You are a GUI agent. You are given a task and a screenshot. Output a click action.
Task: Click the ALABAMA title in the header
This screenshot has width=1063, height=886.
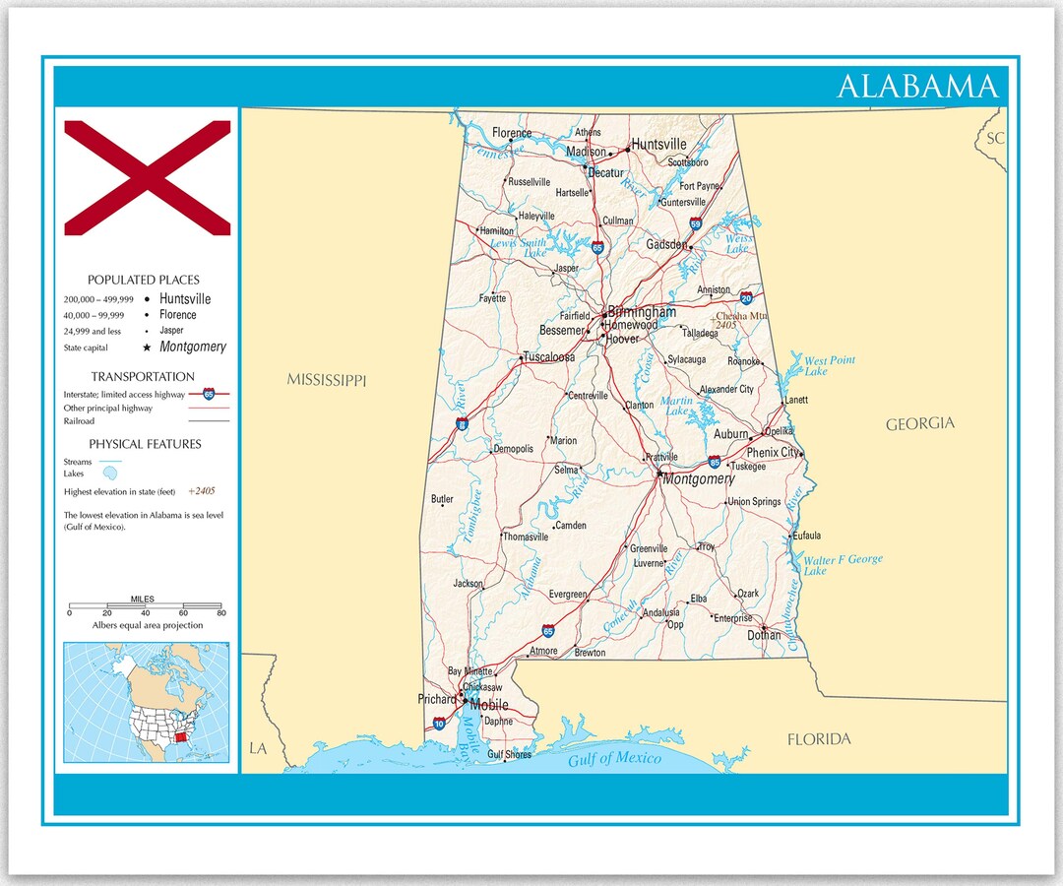916,87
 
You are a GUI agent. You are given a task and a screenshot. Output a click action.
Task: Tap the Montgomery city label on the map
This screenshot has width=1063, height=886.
698,479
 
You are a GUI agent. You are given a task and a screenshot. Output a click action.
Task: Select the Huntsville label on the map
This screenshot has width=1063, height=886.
658,145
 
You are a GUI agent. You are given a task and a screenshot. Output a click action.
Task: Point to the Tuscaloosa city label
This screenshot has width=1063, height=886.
549,357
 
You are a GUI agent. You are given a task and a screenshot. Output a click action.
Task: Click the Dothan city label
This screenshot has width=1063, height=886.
764,636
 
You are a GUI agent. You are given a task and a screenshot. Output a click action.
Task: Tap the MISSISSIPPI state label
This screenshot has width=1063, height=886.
326,380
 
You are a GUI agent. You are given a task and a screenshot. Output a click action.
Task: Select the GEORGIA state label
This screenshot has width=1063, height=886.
919,423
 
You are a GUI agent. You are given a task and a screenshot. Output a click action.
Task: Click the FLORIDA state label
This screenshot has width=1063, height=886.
818,739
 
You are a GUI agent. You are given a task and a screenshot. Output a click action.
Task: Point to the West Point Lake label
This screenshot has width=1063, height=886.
829,365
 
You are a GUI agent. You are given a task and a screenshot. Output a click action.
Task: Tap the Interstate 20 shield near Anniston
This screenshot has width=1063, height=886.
747,297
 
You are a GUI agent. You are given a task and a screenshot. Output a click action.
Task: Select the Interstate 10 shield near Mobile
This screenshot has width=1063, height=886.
438,724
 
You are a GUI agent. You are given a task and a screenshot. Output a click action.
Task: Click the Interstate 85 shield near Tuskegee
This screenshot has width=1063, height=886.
715,462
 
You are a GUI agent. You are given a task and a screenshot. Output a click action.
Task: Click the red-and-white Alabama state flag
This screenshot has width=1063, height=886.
148,178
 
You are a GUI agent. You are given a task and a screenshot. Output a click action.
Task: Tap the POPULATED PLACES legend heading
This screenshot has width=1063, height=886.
143,281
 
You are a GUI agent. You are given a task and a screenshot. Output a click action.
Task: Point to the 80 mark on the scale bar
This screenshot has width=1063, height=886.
220,612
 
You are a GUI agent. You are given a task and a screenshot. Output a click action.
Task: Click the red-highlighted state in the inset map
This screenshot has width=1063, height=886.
177,739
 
